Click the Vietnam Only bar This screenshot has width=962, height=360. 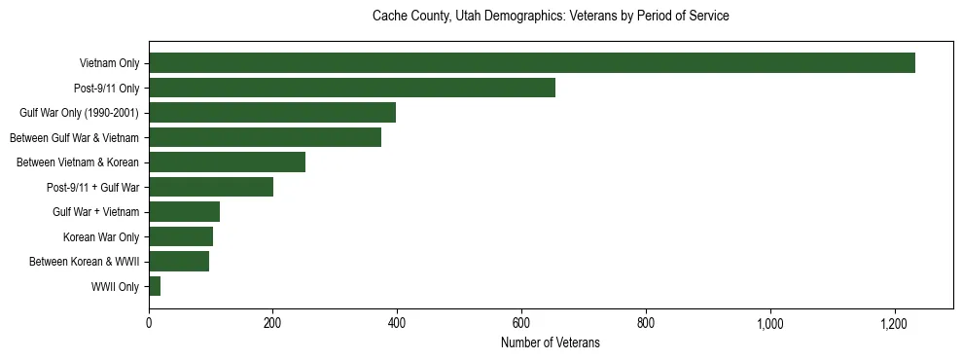click(x=532, y=63)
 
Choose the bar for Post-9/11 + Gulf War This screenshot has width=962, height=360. click(x=211, y=187)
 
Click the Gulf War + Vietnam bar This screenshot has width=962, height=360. click(x=185, y=212)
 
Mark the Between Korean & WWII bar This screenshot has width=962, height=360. click(x=179, y=262)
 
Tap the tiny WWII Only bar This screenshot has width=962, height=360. click(x=155, y=286)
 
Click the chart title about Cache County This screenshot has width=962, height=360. click(x=551, y=17)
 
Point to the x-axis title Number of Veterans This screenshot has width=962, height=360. click(x=551, y=343)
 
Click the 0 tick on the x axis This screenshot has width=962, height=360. click(x=149, y=322)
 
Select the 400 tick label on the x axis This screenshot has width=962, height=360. click(x=397, y=322)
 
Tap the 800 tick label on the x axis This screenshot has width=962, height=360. click(x=646, y=322)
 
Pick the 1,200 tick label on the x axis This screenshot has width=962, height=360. click(x=894, y=322)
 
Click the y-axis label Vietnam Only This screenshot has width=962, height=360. click(x=109, y=64)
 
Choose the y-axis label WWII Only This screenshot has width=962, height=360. click(x=115, y=287)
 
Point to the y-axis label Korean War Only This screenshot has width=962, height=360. click(x=101, y=237)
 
